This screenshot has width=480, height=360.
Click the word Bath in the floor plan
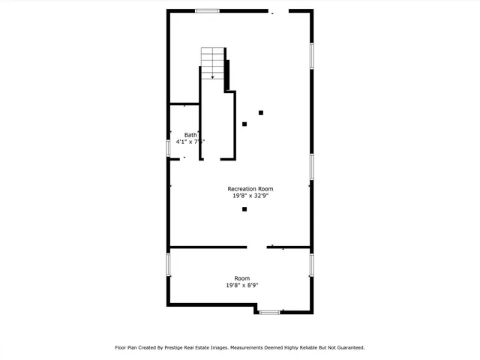pyautogui.click(x=190, y=134)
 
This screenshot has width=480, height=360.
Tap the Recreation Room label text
pyautogui.click(x=250, y=188)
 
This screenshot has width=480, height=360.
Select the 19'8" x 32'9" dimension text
pyautogui.click(x=250, y=196)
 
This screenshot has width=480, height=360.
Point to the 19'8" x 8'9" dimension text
pyautogui.click(x=242, y=285)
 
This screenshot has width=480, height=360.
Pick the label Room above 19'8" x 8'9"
pyautogui.click(x=242, y=278)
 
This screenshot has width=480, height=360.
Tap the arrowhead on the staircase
pyautogui.click(x=213, y=76)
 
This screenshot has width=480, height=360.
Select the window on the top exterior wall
pyautogui.click(x=207, y=10)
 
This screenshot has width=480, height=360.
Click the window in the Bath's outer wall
pyautogui.click(x=168, y=147)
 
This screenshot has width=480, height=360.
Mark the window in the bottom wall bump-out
pyautogui.click(x=269, y=311)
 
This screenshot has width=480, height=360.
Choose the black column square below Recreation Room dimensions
pyautogui.click(x=244, y=209)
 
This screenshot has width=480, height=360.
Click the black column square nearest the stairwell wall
pyautogui.click(x=244, y=124)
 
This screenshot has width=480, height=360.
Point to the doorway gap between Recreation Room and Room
pyautogui.click(x=257, y=247)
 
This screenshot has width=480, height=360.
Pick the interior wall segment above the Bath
pyautogui.click(x=184, y=103)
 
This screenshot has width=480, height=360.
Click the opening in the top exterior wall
pyautogui.click(x=278, y=10)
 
